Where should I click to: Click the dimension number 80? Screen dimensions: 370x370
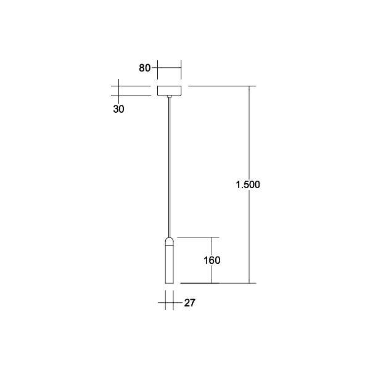(145, 68)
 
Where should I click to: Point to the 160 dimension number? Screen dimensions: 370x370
(212, 260)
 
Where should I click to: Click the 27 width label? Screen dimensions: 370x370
(190, 303)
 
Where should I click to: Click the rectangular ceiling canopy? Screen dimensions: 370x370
(170, 91)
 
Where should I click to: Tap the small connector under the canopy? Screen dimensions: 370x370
(170, 97)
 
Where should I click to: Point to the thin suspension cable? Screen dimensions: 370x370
(170, 166)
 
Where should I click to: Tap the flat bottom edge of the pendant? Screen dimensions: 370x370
(170, 283)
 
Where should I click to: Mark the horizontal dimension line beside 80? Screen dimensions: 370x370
(169, 68)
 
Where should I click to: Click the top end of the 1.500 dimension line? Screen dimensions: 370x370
(249, 86)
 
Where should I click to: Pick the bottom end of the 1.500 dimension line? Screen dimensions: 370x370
(249, 283)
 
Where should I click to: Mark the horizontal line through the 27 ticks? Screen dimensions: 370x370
(170, 303)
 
